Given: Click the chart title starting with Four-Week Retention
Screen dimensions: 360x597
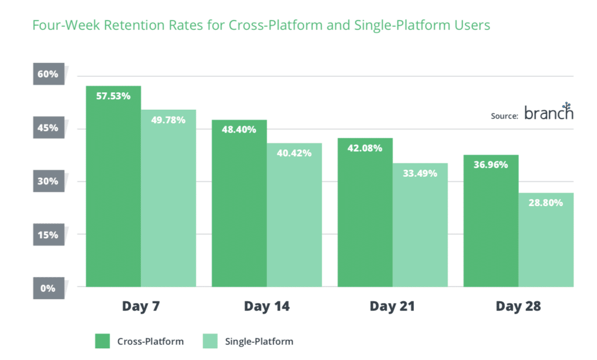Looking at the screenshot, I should [261, 26].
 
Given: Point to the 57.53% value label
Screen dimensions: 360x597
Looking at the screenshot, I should [113, 96].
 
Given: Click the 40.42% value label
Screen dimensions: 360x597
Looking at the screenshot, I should [294, 153].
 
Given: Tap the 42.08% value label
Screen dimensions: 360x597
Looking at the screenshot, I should [364, 148].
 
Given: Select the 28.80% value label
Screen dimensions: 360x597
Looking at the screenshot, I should [546, 203].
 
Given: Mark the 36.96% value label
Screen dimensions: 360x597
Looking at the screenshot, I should [490, 165].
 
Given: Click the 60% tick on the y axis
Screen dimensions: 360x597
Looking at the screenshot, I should [48, 75].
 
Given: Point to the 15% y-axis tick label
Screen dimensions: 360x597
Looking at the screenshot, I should [48, 235].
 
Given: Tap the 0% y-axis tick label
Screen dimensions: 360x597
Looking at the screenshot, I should [48, 288].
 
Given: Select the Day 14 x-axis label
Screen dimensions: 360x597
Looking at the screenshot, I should [266, 306].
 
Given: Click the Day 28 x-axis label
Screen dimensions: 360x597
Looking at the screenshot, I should [518, 306].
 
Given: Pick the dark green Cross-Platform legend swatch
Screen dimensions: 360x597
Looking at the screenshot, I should [102, 341].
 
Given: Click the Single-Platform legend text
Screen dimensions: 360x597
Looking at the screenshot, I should [259, 341].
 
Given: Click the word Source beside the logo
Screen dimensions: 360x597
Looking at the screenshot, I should [504, 116].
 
